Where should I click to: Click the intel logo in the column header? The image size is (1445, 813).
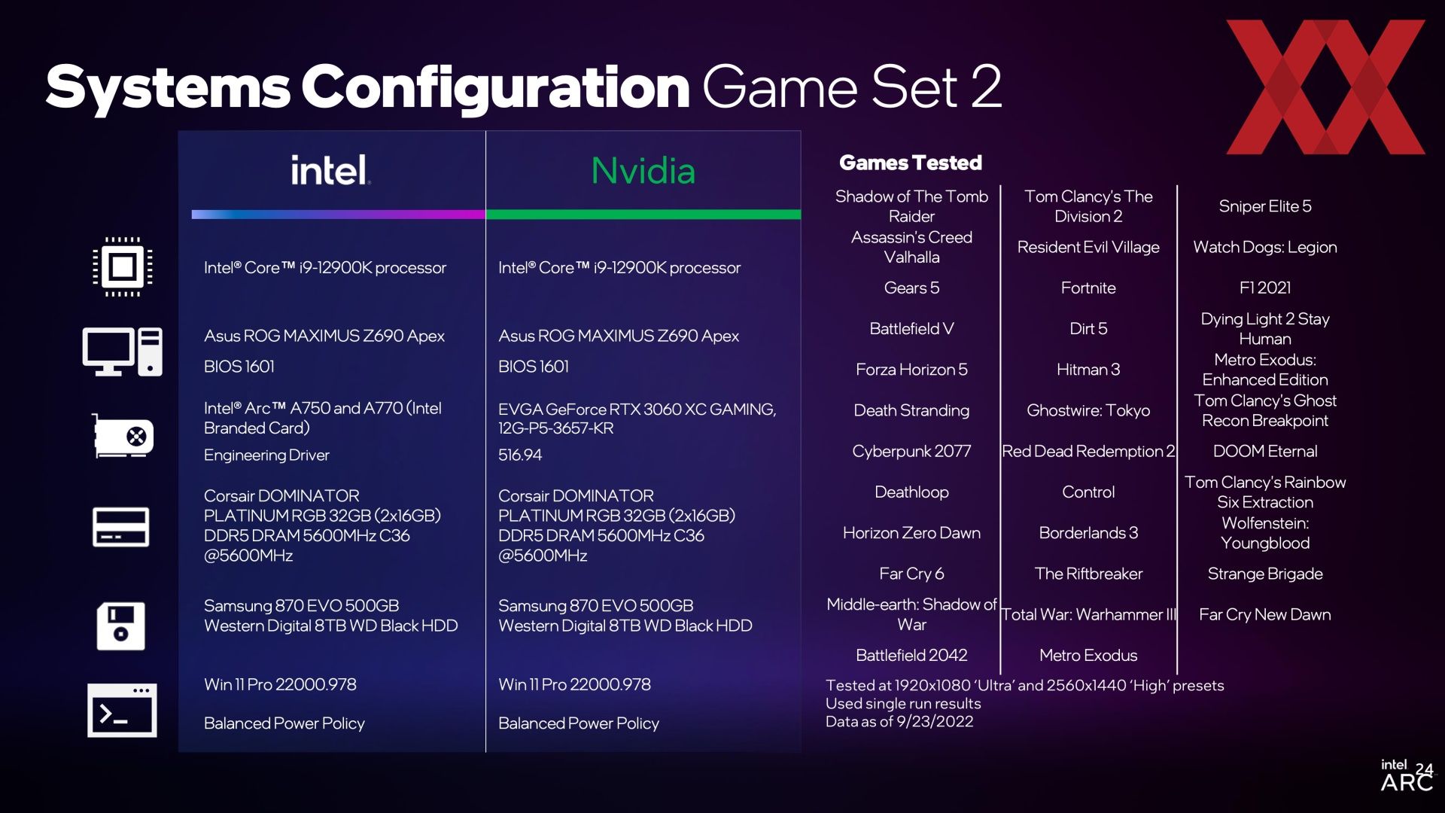click(330, 170)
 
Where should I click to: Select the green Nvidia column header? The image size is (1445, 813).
click(643, 171)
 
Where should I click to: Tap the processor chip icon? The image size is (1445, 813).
click(123, 266)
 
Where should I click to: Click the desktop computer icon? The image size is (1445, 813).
click(123, 352)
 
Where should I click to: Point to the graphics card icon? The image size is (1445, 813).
click(123, 436)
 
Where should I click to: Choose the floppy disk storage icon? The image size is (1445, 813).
click(121, 626)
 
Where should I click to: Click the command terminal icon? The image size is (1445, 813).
click(122, 710)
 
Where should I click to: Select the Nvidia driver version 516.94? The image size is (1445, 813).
click(520, 455)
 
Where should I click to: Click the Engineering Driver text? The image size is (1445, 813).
click(266, 455)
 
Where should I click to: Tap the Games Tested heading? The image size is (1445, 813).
click(911, 163)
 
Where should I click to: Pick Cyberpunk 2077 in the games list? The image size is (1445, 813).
click(911, 451)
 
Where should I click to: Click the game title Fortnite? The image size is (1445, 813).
click(1088, 288)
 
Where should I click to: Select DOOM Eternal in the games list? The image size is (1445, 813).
click(1265, 451)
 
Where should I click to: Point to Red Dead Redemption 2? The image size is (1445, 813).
click(1088, 451)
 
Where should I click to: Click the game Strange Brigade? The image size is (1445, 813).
click(1265, 574)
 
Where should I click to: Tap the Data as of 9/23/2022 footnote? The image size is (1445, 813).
click(899, 721)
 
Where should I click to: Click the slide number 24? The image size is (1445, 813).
click(1424, 769)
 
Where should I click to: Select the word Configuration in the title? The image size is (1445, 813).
click(496, 88)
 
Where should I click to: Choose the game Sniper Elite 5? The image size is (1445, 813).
click(1265, 206)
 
